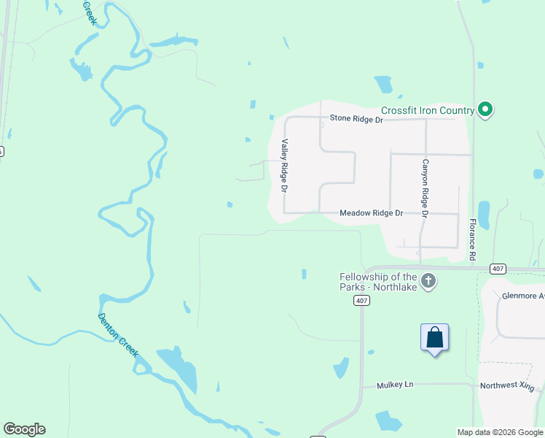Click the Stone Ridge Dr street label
point(356,118)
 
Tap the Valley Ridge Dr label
point(285,166)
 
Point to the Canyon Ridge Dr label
point(426,187)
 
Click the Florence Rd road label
point(472,239)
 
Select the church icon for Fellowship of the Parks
point(428,280)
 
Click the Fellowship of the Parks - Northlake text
point(378,281)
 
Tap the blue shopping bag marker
point(434,338)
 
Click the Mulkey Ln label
point(393,385)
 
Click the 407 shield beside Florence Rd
point(498,269)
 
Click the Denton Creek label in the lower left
point(118,334)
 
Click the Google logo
point(24,429)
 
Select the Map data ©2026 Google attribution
point(500,432)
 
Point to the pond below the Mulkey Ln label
point(388,421)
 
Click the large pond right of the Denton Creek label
point(179,368)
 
